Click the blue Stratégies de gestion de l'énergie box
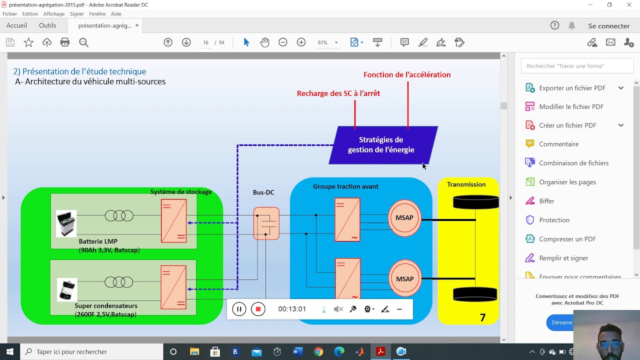click(383, 145)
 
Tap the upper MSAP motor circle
click(404, 218)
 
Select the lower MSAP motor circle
click(405, 278)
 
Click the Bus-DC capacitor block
click(266, 223)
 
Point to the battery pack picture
click(66, 223)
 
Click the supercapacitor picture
click(67, 289)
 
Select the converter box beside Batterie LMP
click(173, 221)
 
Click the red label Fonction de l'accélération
click(407, 75)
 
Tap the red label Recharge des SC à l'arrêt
click(338, 93)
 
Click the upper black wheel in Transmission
click(475, 202)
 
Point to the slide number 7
click(482, 317)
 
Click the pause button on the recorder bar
click(239, 309)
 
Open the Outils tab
click(47, 25)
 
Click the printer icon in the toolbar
click(65, 42)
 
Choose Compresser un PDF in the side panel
click(567, 239)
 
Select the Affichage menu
click(53, 13)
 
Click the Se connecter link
click(608, 26)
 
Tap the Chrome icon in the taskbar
click(318, 351)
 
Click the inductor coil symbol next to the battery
click(119, 215)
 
